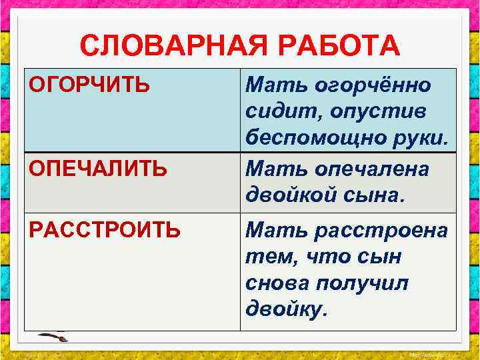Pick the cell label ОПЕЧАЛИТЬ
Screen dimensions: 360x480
click(x=98, y=168)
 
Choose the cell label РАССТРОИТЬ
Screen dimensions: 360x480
click(x=105, y=230)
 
